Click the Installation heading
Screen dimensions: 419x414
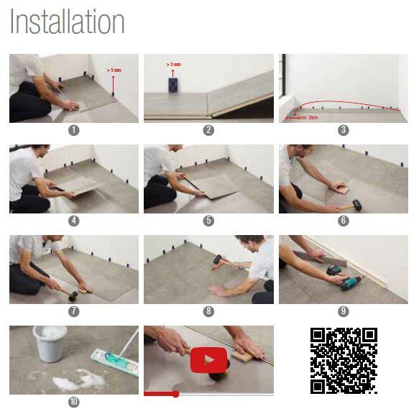pos(67,22)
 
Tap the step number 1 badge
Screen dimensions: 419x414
pos(74,130)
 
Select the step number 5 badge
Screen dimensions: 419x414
pos(208,221)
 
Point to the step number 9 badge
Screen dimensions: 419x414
pos(343,310)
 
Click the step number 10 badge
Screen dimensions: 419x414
pos(74,402)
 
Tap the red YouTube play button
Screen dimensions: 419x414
pos(208,360)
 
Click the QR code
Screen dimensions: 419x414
pos(344,361)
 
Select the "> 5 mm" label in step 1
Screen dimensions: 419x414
pos(114,70)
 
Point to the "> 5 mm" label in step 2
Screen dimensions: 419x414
pos(173,65)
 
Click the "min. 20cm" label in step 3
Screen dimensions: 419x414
pos(308,118)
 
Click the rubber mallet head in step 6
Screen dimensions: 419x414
pos(357,206)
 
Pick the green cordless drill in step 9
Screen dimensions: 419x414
pos(345,278)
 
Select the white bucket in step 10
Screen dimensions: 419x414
pos(50,344)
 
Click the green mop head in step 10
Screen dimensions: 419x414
pos(115,363)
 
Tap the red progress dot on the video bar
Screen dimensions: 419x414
pos(175,394)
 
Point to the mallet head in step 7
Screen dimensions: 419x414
pos(73,295)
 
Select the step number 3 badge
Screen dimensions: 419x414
pos(343,130)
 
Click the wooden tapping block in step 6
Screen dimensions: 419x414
pos(339,188)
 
